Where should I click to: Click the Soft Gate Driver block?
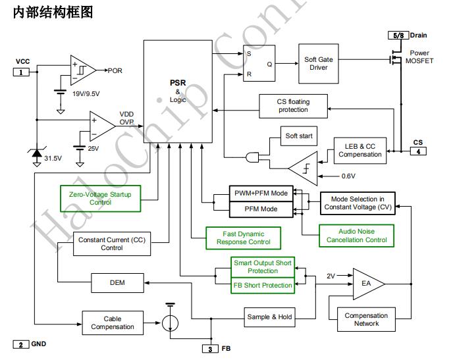(319, 64)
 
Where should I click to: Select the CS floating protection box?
(293, 105)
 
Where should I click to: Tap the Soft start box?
(299, 136)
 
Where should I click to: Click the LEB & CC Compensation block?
(360, 150)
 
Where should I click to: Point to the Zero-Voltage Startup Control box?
(99, 198)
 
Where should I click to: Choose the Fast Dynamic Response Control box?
(243, 238)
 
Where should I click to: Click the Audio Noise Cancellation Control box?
(356, 236)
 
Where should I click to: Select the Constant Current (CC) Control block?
(111, 244)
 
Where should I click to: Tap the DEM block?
(117, 283)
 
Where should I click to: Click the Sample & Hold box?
(269, 317)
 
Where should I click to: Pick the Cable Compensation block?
(112, 322)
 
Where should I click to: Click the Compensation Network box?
(366, 319)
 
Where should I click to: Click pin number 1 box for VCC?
(20, 72)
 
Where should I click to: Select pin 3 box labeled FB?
(209, 348)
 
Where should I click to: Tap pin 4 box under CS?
(417, 151)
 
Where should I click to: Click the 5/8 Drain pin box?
(398, 35)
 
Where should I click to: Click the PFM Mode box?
(261, 209)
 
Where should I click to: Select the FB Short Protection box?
(263, 286)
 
